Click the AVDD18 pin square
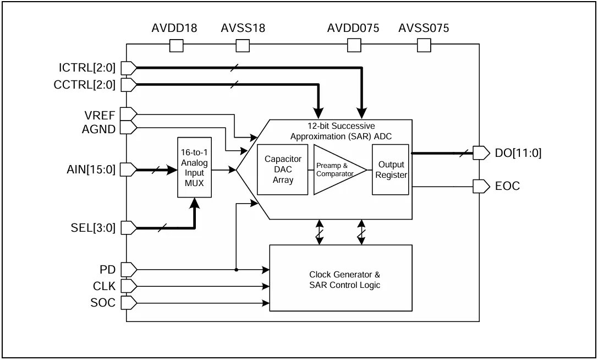point(176,46)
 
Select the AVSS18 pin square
point(243,46)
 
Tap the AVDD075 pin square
point(354,46)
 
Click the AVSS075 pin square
point(424,46)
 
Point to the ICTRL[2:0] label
point(87,68)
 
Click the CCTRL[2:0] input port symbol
point(129,85)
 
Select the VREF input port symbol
point(129,114)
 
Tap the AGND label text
point(99,129)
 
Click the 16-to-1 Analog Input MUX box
point(195,167)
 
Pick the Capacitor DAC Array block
point(283,170)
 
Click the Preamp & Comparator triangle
point(336,170)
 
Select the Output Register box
point(391,170)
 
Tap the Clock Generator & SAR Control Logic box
point(341,278)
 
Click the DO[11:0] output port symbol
point(481,152)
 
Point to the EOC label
point(508,186)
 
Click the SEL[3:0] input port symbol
point(129,228)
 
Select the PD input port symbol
point(129,270)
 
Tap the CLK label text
point(104,286)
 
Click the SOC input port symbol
point(129,303)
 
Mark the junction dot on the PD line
point(237,270)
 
